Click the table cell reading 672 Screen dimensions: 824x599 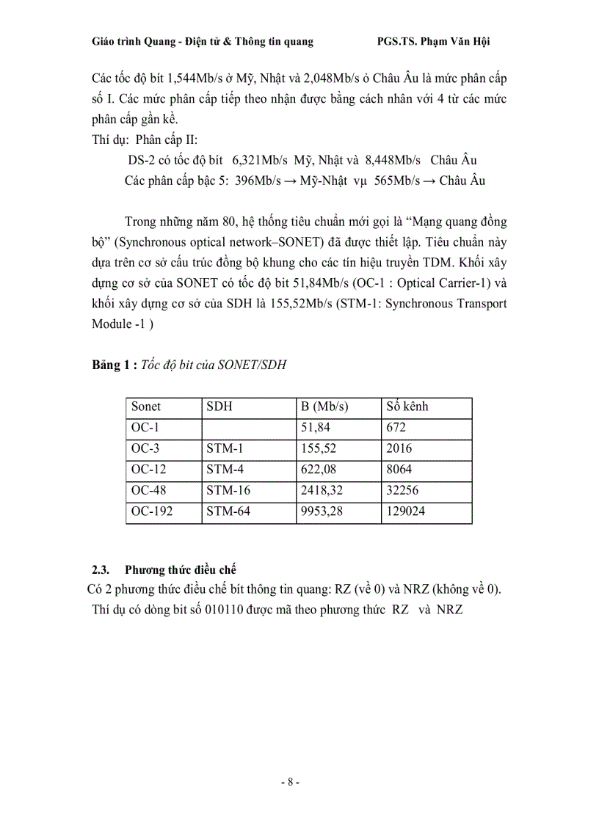[395, 427]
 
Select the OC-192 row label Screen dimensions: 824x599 [152, 511]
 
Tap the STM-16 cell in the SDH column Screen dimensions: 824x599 [228, 490]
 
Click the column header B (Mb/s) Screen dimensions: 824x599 [324, 406]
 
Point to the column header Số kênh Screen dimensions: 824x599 [407, 406]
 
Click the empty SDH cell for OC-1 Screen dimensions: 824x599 [249, 427]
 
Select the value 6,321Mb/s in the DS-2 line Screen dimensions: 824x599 [260, 160]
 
